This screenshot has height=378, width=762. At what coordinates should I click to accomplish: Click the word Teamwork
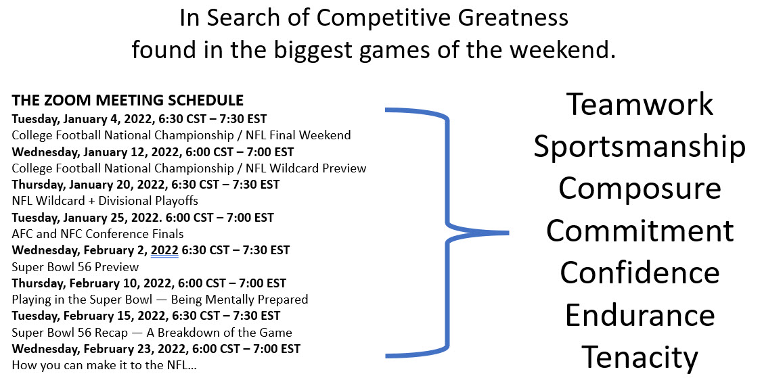[x=640, y=104]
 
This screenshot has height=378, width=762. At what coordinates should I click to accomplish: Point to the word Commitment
[x=640, y=231]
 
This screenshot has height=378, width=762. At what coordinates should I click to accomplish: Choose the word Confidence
[x=640, y=273]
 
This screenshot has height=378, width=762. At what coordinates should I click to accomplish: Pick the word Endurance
[x=640, y=315]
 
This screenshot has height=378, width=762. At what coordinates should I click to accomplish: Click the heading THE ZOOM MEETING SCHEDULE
[x=128, y=100]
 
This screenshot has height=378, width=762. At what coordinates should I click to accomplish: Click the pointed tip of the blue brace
[x=508, y=233]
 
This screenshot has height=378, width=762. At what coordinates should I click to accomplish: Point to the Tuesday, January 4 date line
[x=139, y=118]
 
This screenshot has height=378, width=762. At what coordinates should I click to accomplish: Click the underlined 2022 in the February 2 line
[x=164, y=250]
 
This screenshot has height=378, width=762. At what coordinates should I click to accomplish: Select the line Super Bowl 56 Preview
[x=75, y=266]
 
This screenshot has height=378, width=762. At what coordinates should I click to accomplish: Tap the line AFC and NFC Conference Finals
[x=97, y=234]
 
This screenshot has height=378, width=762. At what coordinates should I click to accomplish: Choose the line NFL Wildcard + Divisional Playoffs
[x=105, y=201]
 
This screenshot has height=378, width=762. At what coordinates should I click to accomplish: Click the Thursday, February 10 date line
[x=149, y=283]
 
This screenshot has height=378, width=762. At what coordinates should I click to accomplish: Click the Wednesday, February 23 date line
[x=156, y=349]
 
